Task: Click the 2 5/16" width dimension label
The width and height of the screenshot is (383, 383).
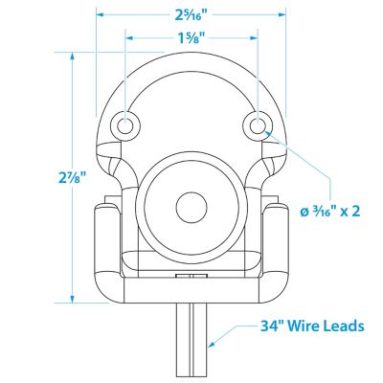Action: (x=191, y=14)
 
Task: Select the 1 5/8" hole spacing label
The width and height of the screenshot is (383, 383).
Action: (x=191, y=38)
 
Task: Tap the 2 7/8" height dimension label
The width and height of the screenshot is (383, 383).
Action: (x=73, y=178)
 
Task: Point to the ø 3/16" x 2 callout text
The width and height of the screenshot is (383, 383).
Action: (x=330, y=211)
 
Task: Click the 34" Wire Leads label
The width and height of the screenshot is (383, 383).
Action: (x=312, y=327)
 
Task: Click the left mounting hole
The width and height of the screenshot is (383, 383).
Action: (x=125, y=125)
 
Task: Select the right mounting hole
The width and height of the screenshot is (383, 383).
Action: (x=258, y=125)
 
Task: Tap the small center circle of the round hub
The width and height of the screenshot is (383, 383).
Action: (x=191, y=208)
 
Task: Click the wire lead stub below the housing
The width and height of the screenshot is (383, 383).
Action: (x=191, y=343)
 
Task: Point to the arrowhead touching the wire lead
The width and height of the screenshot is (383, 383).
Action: (x=211, y=344)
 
